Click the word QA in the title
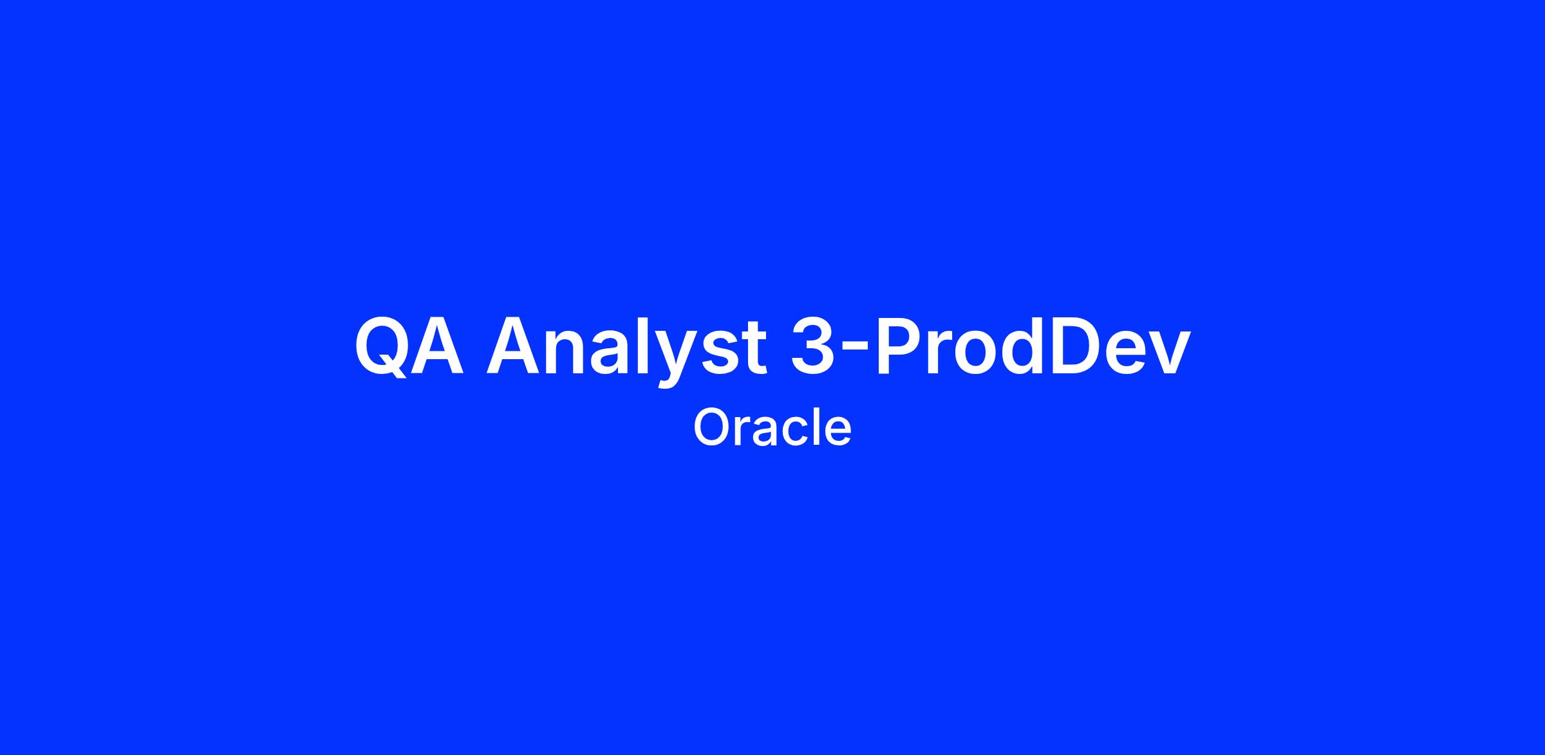pos(409,346)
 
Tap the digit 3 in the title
pos(812,346)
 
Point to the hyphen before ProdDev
pos(851,353)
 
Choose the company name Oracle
pos(772,428)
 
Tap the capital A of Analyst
pos(513,346)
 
